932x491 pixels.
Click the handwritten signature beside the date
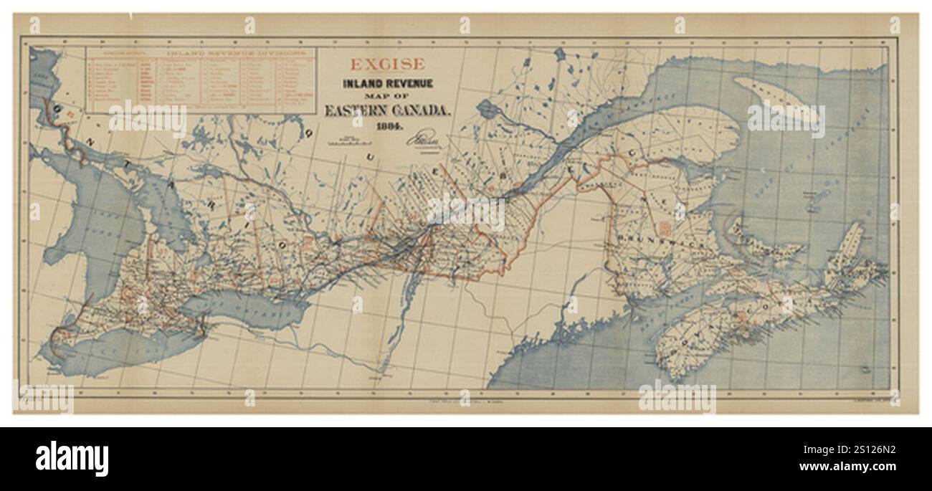423,136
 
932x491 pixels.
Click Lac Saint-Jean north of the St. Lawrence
488,110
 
